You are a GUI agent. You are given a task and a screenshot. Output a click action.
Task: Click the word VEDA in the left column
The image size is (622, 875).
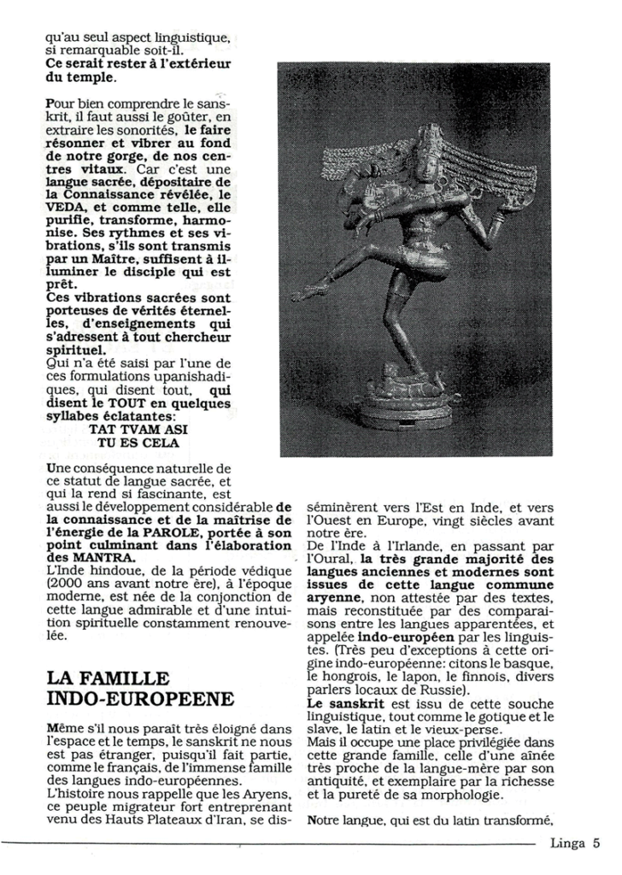pyautogui.click(x=64, y=206)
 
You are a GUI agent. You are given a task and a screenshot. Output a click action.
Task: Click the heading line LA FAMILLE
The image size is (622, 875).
pyautogui.click(x=108, y=678)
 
